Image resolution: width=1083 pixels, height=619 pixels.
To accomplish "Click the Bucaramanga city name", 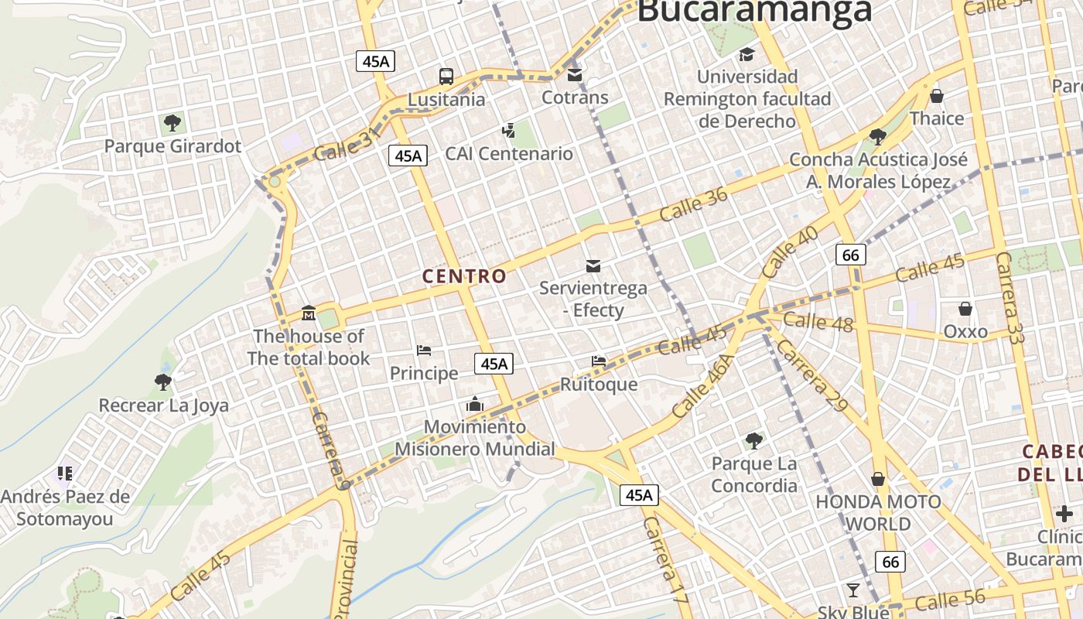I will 754,11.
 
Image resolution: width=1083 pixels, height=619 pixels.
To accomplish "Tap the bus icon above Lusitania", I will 446,76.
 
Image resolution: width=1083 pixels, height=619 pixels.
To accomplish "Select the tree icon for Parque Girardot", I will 173,122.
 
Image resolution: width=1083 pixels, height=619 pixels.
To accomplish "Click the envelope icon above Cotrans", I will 575,74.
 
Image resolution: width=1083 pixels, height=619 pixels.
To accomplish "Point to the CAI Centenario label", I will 509,153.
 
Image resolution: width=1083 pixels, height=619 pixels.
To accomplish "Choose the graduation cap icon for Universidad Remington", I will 746,54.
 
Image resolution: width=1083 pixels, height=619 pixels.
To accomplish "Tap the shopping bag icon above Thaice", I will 937,95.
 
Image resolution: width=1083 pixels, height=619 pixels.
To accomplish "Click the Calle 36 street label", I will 694,203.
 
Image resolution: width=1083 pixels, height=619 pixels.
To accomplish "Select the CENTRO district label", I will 464,275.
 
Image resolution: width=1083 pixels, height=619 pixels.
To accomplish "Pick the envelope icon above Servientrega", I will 593,265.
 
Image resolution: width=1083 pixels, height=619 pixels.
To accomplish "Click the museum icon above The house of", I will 308,313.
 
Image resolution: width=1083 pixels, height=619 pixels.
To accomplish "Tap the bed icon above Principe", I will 424,351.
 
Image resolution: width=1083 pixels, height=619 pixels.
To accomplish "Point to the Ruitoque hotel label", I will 599,385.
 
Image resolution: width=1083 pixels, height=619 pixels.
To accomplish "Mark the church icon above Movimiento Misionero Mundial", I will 474,404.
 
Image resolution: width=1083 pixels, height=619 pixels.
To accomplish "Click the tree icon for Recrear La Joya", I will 162,381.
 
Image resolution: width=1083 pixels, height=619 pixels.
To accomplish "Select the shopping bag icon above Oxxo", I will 965,309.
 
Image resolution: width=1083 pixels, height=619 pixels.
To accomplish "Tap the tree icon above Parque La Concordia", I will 754,441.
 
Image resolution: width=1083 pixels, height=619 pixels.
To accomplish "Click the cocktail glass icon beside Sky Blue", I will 853,590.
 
